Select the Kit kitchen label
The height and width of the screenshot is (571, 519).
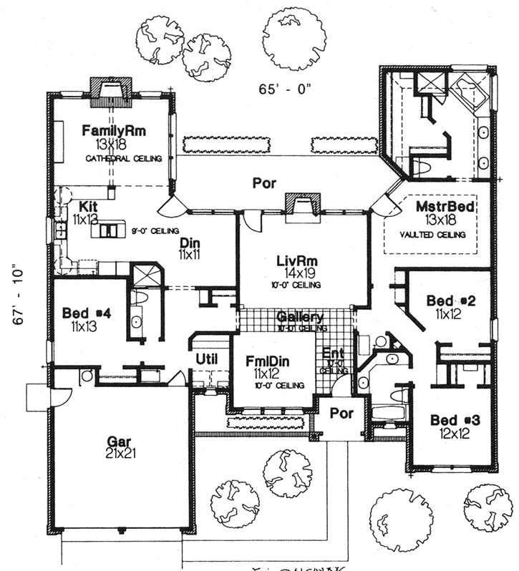coord(89,206)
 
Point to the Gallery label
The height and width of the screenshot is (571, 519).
coord(300,317)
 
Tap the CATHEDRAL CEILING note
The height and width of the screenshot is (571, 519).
coord(123,157)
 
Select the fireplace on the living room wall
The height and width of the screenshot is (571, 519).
coord(300,205)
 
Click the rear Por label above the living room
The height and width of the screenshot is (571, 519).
coord(264,183)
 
